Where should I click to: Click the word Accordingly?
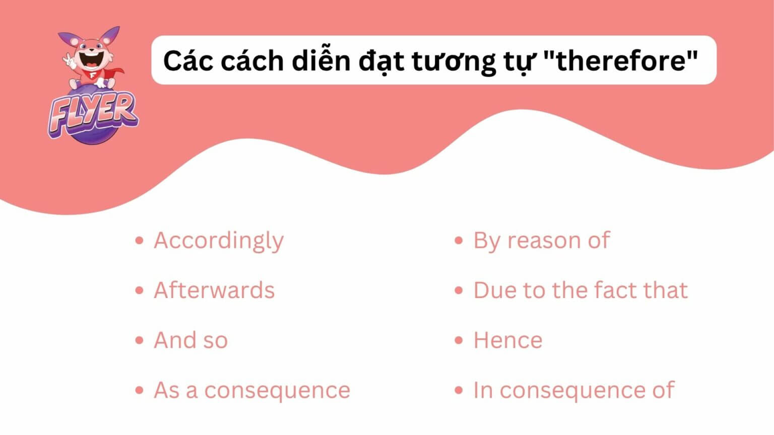pyautogui.click(x=219, y=241)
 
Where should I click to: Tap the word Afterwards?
pyautogui.click(x=214, y=291)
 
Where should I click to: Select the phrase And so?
pyautogui.click(x=190, y=340)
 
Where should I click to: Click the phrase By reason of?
pyautogui.click(x=541, y=241)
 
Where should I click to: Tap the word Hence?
pyautogui.click(x=507, y=340)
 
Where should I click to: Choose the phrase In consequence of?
pyautogui.click(x=573, y=391)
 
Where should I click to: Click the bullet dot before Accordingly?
pyautogui.click(x=140, y=241)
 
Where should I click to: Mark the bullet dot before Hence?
pyautogui.click(x=459, y=340)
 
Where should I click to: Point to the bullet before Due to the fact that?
pyautogui.click(x=459, y=291)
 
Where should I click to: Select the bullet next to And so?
pyautogui.click(x=140, y=340)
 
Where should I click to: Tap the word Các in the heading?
pyautogui.click(x=188, y=60)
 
